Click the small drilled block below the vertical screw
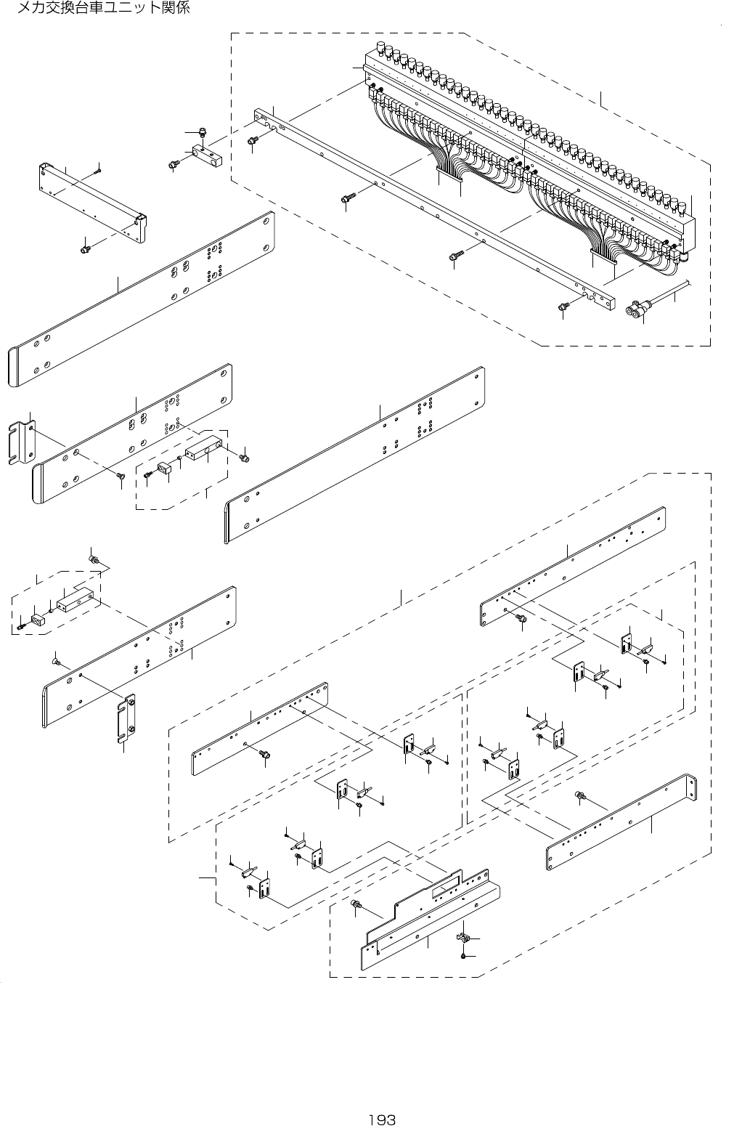208,155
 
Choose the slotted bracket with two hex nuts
129,718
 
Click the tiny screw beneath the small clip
464,956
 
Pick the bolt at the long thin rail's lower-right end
563,308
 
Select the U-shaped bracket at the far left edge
20,440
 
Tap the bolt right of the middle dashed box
244,457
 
